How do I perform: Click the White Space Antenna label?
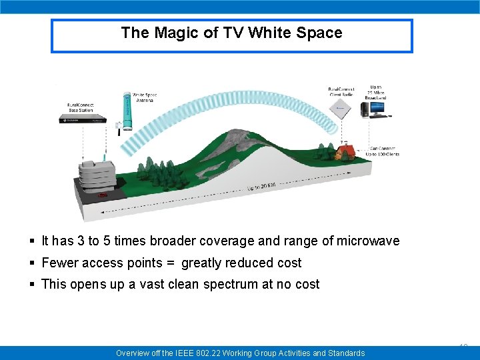coord(145,97)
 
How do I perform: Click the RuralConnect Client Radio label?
coord(343,92)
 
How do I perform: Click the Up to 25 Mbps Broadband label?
coord(376,92)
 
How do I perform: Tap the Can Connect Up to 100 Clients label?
coord(385,151)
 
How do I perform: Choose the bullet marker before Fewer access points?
coord(33,263)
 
